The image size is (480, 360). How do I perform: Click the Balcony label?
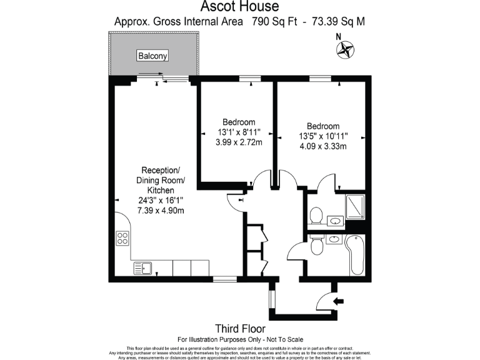click(x=153, y=56)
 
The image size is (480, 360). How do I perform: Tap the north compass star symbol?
click(x=345, y=50)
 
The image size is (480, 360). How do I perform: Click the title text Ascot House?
click(x=239, y=7)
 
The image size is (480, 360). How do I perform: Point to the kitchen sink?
click(x=142, y=268)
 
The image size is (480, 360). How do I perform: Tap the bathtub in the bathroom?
click(x=357, y=255)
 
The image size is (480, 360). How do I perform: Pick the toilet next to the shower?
click(x=316, y=216)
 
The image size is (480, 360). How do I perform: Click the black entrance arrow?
click(x=339, y=302)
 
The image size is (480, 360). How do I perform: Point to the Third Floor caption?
click(x=240, y=328)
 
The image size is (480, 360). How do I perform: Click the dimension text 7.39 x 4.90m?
click(x=161, y=211)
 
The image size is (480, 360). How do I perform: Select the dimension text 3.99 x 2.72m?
click(x=237, y=142)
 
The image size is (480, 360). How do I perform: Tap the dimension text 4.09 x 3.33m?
click(x=322, y=146)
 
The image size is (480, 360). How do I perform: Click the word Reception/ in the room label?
click(x=161, y=170)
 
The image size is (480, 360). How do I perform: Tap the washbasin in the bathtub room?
click(x=333, y=239)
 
